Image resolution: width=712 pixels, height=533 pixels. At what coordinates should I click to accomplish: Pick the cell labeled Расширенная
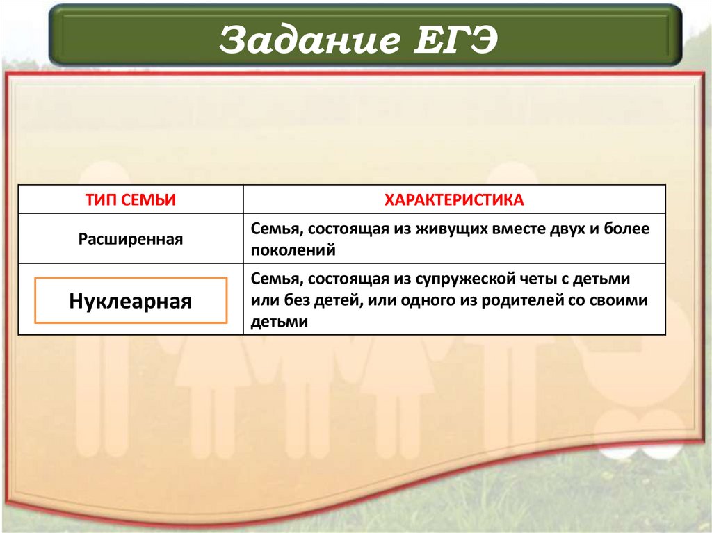pos(131,239)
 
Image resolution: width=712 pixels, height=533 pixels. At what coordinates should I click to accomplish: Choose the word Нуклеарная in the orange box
pos(131,301)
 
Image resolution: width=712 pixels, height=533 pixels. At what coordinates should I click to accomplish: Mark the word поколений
pos(294,249)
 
